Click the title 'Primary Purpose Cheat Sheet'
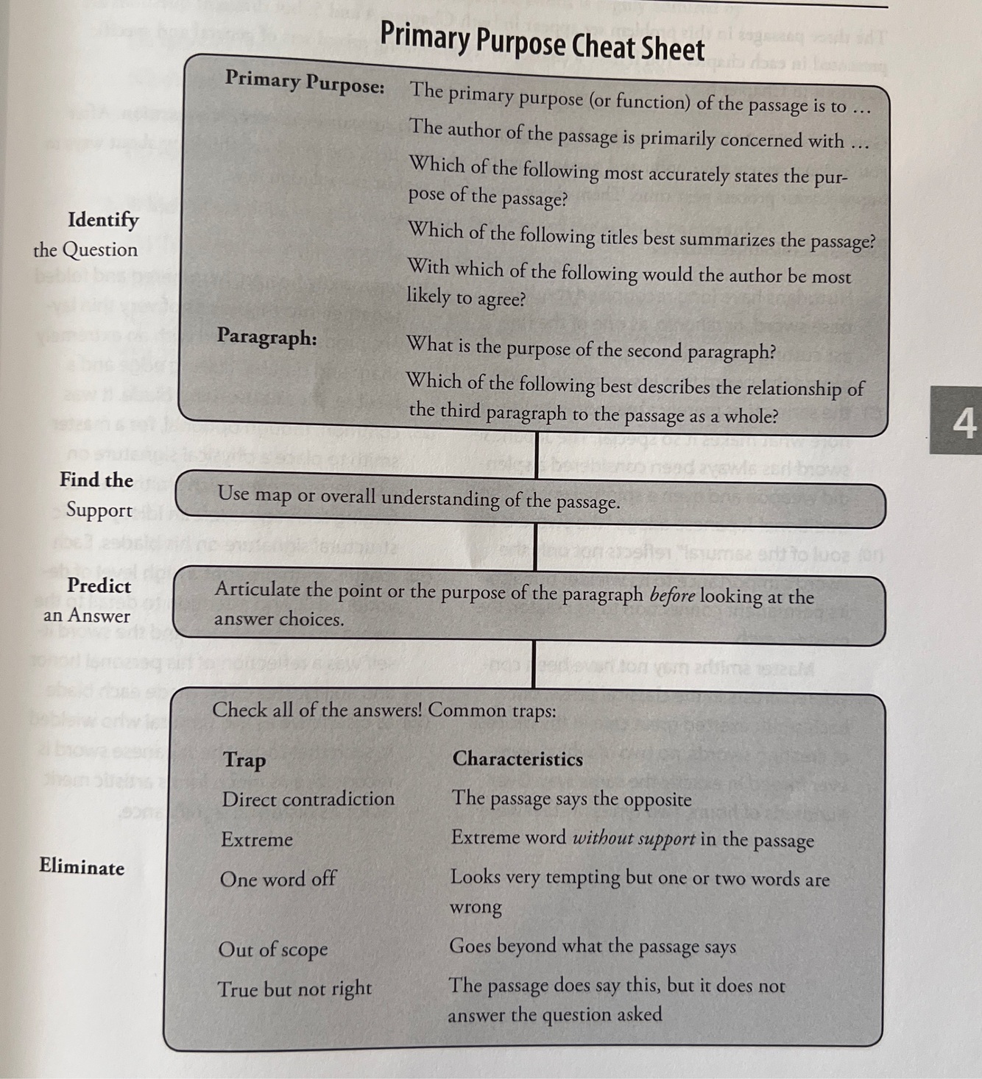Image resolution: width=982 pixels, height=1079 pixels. [542, 42]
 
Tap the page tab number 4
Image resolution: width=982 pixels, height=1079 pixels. [964, 422]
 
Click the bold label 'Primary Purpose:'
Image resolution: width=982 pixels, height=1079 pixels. [305, 82]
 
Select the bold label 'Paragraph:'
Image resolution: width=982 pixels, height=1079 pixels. [267, 337]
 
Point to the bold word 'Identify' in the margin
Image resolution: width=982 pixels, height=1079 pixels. [103, 219]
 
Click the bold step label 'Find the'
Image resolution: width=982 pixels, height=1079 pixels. [96, 480]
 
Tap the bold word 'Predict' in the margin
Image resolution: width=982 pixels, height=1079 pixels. [99, 585]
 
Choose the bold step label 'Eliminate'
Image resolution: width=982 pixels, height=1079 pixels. [82, 866]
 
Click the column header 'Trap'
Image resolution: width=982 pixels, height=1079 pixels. [244, 759]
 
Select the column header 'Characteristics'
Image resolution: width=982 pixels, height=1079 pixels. [518, 758]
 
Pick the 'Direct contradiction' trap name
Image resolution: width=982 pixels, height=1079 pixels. [308, 799]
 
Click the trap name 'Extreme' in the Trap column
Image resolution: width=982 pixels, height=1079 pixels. [257, 839]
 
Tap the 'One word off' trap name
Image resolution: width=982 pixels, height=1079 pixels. [278, 878]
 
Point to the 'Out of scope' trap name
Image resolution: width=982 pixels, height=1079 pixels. [273, 949]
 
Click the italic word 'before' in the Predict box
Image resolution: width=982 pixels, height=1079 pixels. [672, 595]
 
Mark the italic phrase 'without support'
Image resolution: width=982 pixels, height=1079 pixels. [634, 838]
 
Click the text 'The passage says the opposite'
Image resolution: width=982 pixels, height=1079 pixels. [571, 799]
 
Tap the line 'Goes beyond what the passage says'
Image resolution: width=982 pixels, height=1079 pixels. [592, 946]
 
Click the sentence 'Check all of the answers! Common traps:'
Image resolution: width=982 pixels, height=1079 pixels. [384, 711]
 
